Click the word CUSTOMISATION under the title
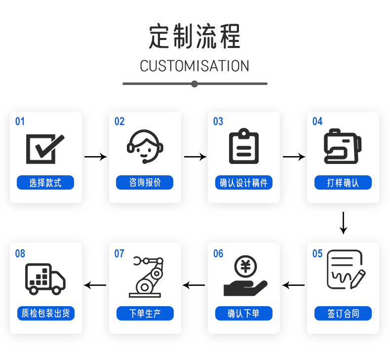[x=195, y=66]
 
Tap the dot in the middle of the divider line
[x=195, y=84]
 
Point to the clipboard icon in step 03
[x=244, y=146]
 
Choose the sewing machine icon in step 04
[x=343, y=146]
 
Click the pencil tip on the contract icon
[x=351, y=287]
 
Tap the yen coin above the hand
[x=245, y=267]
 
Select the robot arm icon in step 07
[x=146, y=277]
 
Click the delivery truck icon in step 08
[x=45, y=279]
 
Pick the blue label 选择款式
[x=45, y=183]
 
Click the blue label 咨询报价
[x=145, y=183]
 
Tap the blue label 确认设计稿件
[x=244, y=183]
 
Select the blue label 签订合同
[x=343, y=314]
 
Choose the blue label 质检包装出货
[x=46, y=314]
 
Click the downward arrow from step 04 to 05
[x=343, y=223]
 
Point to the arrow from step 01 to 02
[x=96, y=157]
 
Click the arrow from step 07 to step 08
[x=95, y=285]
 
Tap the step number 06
[x=218, y=253]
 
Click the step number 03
[x=218, y=121]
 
